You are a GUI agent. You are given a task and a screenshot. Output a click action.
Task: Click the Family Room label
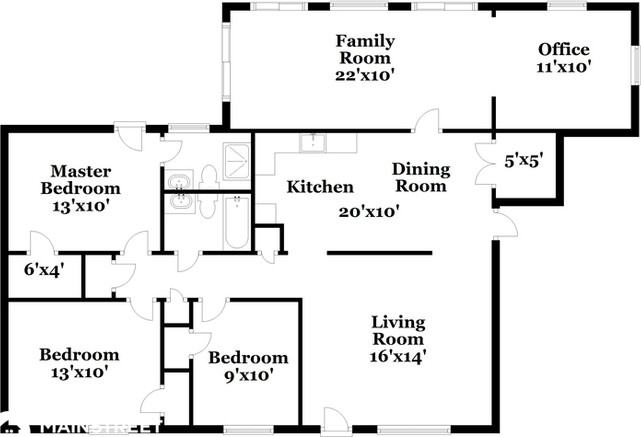(365, 49)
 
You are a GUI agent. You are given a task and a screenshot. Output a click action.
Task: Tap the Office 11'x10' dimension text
(564, 67)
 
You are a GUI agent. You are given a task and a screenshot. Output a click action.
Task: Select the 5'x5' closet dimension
(524, 161)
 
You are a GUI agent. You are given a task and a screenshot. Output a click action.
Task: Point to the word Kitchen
(320, 187)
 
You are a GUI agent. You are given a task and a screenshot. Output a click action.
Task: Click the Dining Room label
(421, 177)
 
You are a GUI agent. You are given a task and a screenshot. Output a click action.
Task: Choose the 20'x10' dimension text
(369, 212)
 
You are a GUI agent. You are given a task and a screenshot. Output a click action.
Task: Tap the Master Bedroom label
(81, 179)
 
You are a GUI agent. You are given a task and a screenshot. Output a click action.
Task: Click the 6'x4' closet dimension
(44, 270)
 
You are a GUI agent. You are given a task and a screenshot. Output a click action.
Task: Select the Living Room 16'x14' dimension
(398, 357)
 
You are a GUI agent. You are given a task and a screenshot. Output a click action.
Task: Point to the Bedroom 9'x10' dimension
(249, 375)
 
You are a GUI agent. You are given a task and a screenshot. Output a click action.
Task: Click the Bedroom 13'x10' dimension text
(80, 372)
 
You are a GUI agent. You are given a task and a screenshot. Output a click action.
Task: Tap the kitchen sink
(313, 143)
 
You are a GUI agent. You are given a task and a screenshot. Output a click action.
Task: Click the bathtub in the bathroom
(237, 222)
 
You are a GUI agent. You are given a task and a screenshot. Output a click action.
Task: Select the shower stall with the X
(236, 161)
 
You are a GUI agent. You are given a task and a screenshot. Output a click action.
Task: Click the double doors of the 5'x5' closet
(484, 164)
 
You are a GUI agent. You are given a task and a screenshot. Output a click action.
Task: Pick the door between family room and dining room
(427, 120)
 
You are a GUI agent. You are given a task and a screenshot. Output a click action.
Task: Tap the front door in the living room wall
(335, 419)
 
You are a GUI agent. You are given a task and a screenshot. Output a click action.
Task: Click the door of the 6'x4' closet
(42, 243)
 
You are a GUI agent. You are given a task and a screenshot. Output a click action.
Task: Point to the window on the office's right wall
(637, 65)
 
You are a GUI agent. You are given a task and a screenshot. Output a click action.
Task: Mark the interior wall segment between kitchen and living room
(379, 253)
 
